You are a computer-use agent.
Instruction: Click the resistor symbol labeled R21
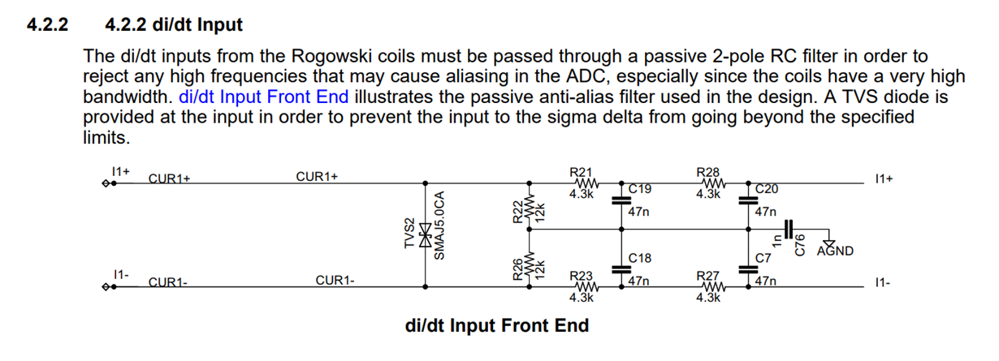coord(582,183)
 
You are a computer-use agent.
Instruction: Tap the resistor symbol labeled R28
coord(708,183)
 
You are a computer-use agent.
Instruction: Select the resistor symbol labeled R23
coord(582,286)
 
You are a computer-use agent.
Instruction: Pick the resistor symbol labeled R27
coord(708,286)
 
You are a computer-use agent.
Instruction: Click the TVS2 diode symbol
coord(424,234)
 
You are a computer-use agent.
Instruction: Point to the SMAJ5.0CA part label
coord(439,226)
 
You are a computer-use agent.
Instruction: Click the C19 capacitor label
coord(641,190)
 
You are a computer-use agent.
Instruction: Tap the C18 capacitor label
coord(641,258)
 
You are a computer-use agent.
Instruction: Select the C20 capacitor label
coord(767,190)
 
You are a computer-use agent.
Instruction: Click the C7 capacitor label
coord(762,258)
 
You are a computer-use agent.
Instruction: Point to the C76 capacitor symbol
coord(789,230)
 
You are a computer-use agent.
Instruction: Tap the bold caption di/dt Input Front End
coord(496,326)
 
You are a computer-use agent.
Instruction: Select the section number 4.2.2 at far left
coord(48,25)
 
